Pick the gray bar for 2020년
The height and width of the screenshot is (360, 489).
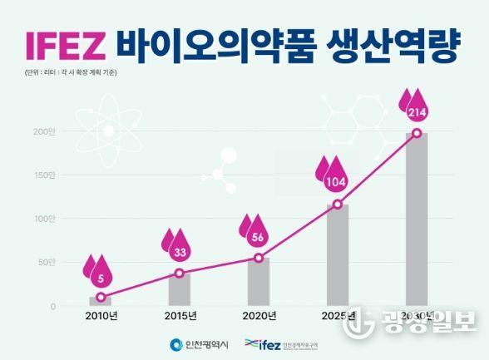click(259, 283)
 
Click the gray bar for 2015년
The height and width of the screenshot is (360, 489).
click(180, 290)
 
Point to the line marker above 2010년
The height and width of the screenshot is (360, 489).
click(101, 297)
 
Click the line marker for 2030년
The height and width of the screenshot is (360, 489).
click(417, 133)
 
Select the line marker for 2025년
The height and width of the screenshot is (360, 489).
click(338, 205)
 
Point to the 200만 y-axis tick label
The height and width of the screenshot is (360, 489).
click(43, 131)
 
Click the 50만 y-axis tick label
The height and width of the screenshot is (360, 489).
click(46, 263)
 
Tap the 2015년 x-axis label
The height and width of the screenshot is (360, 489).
click(180, 317)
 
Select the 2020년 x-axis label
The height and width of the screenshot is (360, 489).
click(259, 317)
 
